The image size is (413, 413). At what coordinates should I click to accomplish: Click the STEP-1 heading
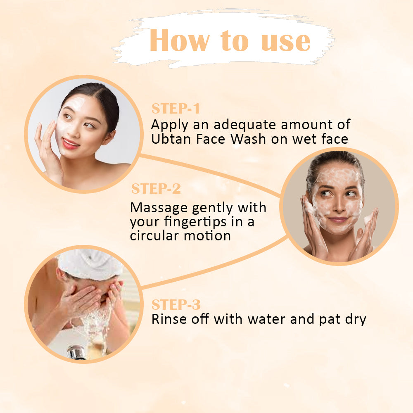point(176,109)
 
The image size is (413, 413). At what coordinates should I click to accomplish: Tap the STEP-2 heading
point(156,189)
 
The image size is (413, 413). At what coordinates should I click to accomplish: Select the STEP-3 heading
point(176,304)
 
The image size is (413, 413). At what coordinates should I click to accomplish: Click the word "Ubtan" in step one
point(171,139)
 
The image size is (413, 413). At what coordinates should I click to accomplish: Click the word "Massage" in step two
point(159,208)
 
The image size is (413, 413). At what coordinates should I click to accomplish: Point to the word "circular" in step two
point(154,235)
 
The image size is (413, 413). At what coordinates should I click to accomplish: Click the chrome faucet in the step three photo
point(76,352)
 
